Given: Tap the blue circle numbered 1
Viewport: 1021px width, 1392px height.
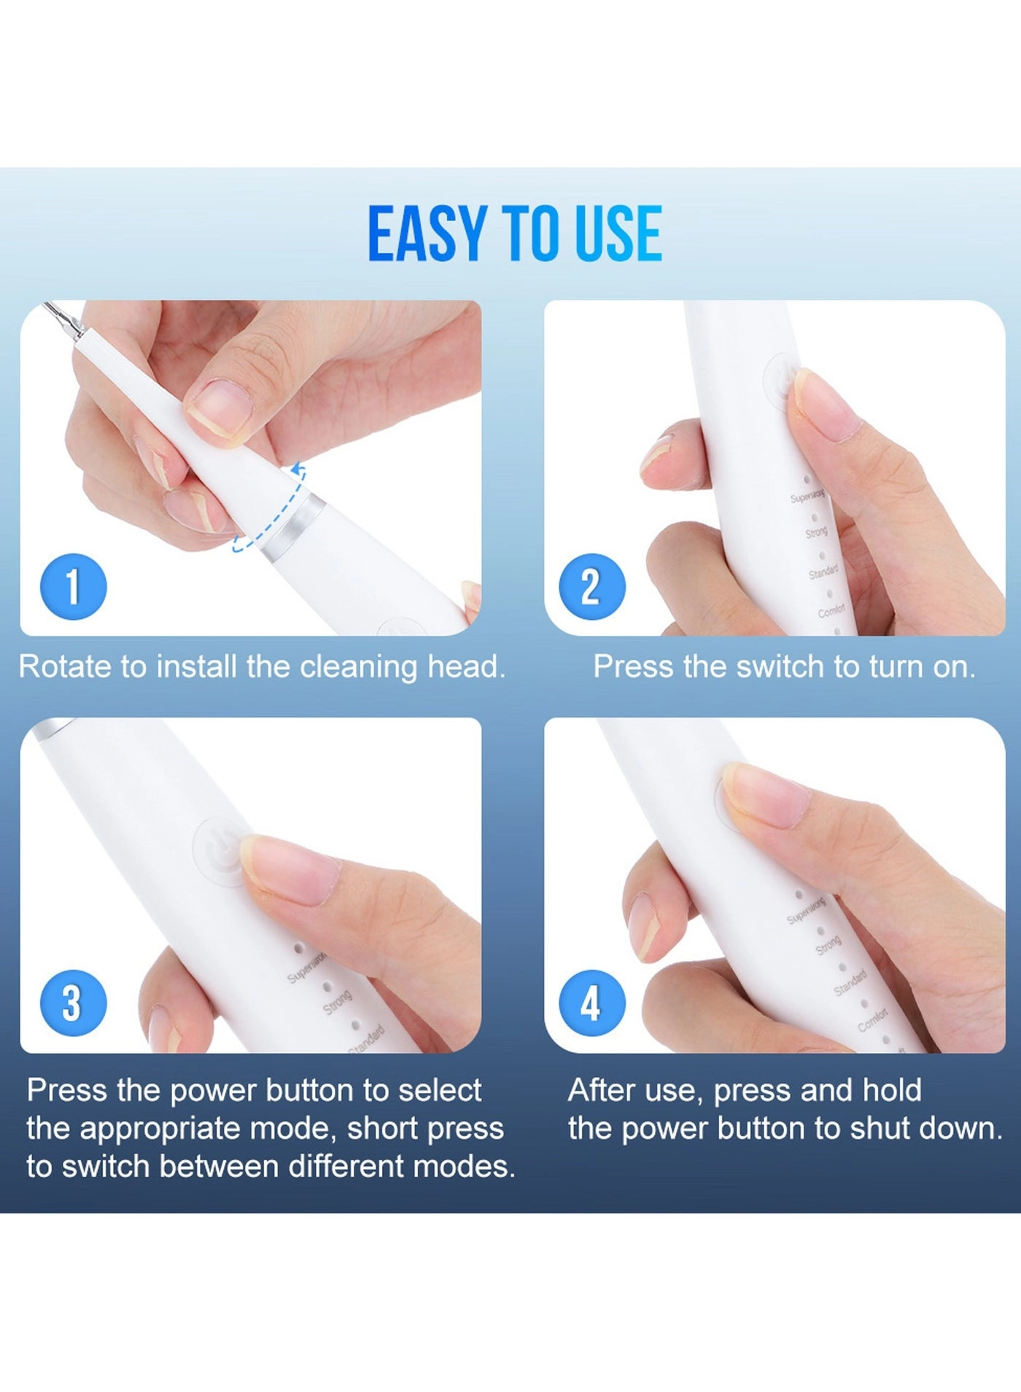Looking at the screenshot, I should pyautogui.click(x=73, y=587).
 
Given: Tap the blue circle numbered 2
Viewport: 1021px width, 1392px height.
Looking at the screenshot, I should pyautogui.click(x=591, y=587).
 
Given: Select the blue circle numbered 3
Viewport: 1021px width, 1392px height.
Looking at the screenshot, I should pyautogui.click(x=73, y=1003).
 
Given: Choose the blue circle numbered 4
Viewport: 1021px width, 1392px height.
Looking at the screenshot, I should pyautogui.click(x=591, y=1003).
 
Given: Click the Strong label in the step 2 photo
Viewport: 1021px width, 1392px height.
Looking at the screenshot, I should pyautogui.click(x=816, y=533).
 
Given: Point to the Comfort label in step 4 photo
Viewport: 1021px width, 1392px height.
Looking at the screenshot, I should pyautogui.click(x=872, y=1019).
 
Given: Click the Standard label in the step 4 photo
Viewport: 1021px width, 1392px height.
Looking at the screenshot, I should pyautogui.click(x=850, y=982).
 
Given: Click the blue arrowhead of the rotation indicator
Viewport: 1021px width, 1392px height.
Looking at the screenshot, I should pyautogui.click(x=298, y=468).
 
